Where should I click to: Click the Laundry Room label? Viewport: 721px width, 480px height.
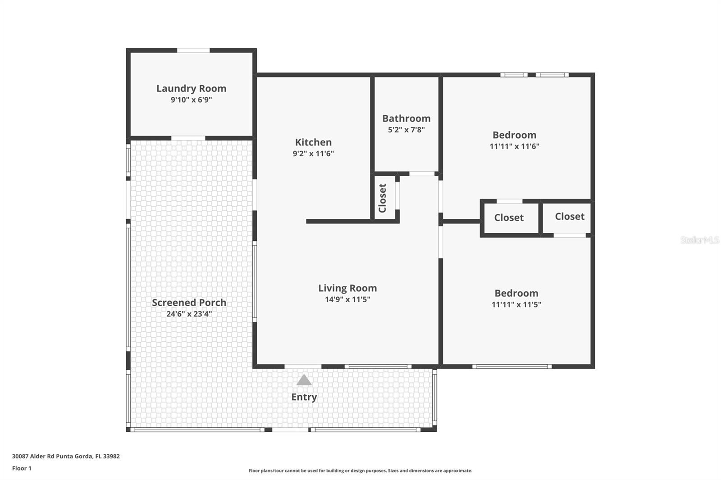(x=191, y=88)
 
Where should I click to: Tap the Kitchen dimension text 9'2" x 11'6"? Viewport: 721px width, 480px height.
(x=313, y=154)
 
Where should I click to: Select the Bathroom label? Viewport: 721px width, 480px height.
(x=406, y=118)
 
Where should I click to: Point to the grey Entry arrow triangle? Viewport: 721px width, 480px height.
(x=304, y=380)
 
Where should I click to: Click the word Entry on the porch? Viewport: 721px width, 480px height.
(x=304, y=397)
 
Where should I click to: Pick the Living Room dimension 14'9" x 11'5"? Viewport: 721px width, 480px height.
(x=347, y=299)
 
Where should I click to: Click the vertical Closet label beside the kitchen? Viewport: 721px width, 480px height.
(x=383, y=198)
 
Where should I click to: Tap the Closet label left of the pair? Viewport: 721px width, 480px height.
(x=509, y=217)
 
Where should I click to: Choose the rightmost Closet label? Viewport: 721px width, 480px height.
(x=570, y=217)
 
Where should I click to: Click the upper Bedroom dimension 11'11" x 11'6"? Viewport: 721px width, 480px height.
(x=514, y=146)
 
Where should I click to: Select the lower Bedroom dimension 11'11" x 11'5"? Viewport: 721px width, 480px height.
(x=516, y=304)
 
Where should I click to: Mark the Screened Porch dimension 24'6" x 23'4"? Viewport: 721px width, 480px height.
(x=189, y=314)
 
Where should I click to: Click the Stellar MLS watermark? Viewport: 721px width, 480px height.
(x=699, y=240)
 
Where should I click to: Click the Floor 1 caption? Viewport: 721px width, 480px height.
(x=22, y=468)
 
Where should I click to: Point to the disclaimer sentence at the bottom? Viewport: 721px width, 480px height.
(x=360, y=471)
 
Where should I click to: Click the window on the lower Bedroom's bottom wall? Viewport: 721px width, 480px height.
(x=512, y=367)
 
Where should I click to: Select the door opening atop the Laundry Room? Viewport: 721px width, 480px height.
(x=193, y=50)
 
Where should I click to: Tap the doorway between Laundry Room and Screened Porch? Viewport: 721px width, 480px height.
(x=188, y=138)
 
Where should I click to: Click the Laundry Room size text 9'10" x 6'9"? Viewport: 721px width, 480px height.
(x=191, y=100)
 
